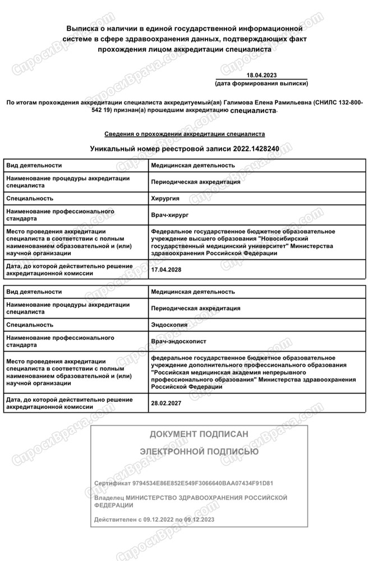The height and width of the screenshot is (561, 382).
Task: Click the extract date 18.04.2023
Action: tap(261, 75)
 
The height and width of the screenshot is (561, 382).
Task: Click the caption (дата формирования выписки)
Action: tap(261, 83)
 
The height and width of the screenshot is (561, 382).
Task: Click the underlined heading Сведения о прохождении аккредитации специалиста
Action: tap(185, 135)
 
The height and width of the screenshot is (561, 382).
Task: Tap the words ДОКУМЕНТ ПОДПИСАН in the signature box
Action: tap(199, 434)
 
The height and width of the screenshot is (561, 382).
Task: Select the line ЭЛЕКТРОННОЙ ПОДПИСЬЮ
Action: tap(199, 451)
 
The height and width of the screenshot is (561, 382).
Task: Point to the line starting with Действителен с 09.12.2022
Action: tap(154, 520)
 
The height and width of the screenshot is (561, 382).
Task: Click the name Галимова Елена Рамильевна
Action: tap(268, 103)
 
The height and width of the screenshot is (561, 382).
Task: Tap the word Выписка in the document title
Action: tap(84, 27)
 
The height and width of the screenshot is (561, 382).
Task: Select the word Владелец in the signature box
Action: tap(109, 498)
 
